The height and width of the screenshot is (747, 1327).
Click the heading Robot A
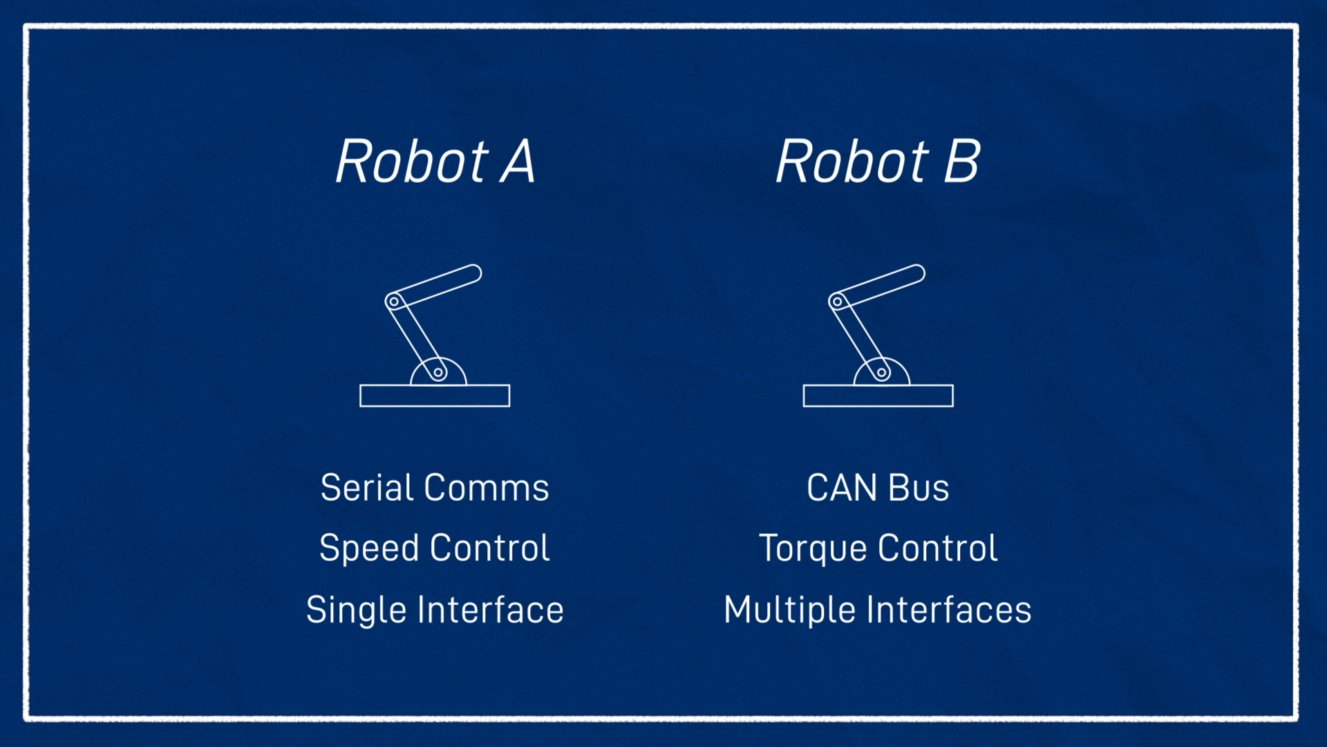tap(435, 161)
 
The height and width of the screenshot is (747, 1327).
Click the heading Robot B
tap(878, 161)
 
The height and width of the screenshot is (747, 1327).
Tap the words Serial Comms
tap(435, 488)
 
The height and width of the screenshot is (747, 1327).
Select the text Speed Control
tap(434, 549)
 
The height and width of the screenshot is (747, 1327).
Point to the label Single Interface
tap(435, 611)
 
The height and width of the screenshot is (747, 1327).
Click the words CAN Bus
tap(878, 488)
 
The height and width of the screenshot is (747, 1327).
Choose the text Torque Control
tap(878, 549)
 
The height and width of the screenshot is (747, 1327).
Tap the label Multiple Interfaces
tap(878, 611)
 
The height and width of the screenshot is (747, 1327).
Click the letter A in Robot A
tap(518, 161)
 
